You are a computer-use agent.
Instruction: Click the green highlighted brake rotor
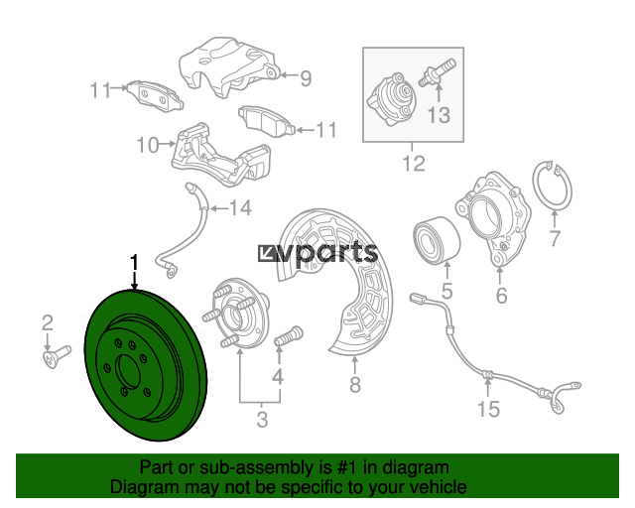click(146, 365)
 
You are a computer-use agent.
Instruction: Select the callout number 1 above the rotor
click(134, 262)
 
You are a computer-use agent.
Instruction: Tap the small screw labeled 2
click(57, 356)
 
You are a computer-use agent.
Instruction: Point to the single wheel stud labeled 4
click(289, 335)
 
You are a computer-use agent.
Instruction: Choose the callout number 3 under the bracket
click(262, 420)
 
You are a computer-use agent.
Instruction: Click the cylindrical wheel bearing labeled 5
click(437, 241)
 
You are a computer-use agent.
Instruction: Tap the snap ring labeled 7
click(552, 186)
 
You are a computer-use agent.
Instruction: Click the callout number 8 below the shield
click(355, 384)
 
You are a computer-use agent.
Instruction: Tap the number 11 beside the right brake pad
click(326, 130)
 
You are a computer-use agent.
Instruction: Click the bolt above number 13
click(437, 72)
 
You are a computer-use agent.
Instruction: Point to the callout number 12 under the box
click(414, 164)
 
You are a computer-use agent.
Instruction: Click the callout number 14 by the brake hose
click(240, 208)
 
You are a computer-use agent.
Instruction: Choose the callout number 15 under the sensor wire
click(488, 409)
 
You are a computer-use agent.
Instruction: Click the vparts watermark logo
click(317, 254)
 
